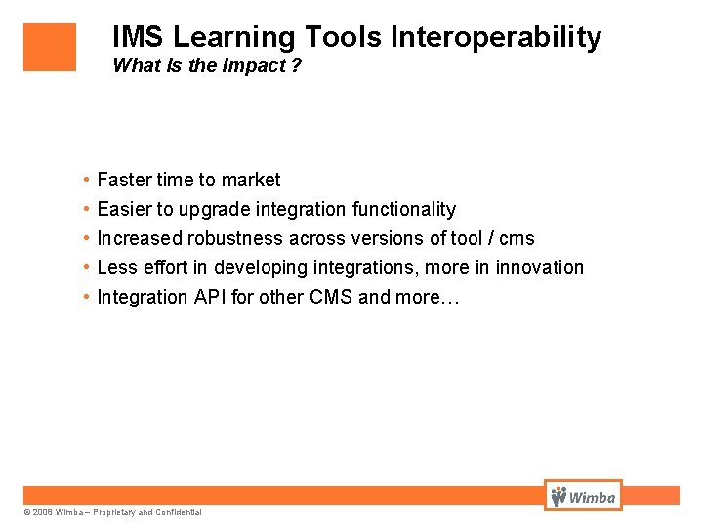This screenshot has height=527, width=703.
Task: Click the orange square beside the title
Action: coord(50,47)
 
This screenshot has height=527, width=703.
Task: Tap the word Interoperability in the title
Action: coord(496,38)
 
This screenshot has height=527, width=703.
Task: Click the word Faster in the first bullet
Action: coord(124,180)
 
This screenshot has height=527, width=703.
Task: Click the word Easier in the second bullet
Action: coord(124,209)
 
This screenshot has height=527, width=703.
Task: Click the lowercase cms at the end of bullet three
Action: coord(517,238)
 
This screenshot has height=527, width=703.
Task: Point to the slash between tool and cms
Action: coord(488,238)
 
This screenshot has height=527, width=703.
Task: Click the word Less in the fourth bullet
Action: coord(116,267)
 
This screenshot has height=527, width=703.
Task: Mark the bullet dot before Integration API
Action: coord(87,297)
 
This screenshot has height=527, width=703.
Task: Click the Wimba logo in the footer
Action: coord(583,496)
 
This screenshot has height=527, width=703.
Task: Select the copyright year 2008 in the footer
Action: coord(42,512)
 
